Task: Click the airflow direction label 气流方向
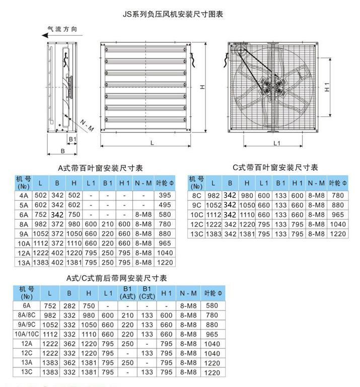point(62,29)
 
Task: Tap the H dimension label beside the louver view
point(201,87)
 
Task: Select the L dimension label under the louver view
point(152,143)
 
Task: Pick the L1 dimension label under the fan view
point(276,143)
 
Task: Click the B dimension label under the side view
point(63,150)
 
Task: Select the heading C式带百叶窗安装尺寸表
point(275,167)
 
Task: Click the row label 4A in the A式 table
point(24,195)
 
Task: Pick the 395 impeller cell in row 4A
point(165,195)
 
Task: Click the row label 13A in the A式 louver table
point(24,262)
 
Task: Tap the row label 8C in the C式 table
point(197,195)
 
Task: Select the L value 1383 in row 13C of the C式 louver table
point(213,234)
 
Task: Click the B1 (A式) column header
point(127,293)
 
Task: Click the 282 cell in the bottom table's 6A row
point(69,305)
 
